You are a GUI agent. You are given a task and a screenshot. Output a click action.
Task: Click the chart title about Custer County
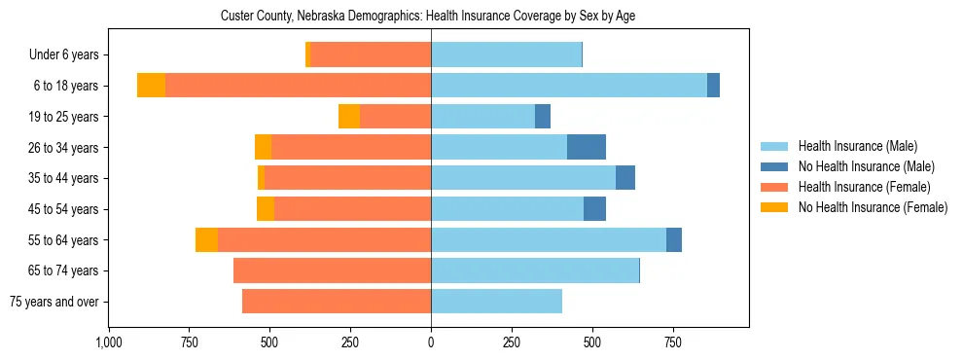point(428,16)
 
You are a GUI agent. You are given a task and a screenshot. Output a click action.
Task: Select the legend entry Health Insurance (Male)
point(857,146)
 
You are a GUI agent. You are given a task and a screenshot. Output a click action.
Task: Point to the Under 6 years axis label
point(64,55)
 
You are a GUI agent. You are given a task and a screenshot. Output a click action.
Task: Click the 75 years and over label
point(54,302)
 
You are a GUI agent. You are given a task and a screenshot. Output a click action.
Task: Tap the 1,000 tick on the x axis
point(108,342)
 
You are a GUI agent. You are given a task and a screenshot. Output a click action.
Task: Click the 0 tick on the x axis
point(431,342)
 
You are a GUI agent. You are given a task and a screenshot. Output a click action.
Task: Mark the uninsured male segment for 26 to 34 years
point(587,147)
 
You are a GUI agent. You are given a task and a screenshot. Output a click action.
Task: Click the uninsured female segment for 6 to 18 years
point(151,86)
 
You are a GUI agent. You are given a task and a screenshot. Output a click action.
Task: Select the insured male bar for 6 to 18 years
point(569,86)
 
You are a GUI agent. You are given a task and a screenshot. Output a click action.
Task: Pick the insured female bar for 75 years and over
point(337,302)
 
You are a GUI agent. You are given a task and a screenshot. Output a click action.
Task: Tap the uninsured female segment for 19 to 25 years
point(349,117)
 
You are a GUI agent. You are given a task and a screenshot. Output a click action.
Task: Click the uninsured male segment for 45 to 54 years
point(594,209)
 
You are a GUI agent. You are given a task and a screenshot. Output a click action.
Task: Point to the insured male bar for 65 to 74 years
point(535,270)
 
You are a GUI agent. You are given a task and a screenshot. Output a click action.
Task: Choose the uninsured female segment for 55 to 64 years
point(206,240)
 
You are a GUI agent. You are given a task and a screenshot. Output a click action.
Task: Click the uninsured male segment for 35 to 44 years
point(625,178)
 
